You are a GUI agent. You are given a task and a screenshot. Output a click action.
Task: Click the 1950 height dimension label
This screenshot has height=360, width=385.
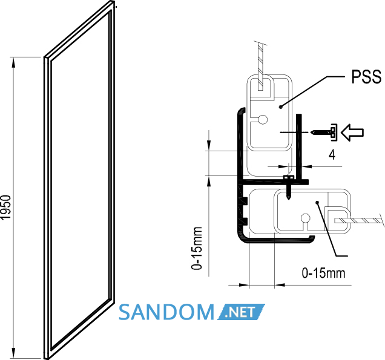[x=6, y=208]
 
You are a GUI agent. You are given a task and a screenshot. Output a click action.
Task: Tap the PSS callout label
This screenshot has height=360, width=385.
[x=366, y=77]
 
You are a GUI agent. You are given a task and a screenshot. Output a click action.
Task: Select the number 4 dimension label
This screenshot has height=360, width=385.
[x=332, y=155]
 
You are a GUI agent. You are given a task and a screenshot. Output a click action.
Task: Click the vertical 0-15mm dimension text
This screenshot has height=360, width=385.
[x=197, y=248]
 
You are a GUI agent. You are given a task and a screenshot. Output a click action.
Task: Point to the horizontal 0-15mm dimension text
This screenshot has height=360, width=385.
[x=323, y=273]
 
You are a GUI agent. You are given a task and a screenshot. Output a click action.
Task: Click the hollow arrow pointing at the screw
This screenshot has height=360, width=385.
[x=352, y=133]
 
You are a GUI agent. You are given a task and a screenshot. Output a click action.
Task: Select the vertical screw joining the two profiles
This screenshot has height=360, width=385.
[x=289, y=187]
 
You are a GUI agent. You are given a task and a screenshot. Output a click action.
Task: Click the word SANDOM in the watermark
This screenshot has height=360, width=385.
[x=166, y=312]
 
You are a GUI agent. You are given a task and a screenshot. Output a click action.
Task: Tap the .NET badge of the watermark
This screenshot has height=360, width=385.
[x=241, y=312]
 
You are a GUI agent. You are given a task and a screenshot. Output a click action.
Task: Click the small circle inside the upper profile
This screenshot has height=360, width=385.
[x=263, y=120]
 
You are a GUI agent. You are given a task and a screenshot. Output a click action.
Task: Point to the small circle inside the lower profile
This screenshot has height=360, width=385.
[x=306, y=218]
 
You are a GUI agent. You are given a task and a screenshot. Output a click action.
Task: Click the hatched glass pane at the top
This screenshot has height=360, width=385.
[x=261, y=67]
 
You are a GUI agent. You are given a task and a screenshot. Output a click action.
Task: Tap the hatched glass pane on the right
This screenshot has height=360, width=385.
[x=357, y=220]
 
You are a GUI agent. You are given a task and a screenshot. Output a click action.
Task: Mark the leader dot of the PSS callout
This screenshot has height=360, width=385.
[x=281, y=106]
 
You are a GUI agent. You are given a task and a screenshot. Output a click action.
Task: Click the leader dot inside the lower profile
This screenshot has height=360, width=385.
[x=317, y=202]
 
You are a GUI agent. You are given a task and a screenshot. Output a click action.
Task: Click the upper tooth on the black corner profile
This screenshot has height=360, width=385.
[x=245, y=200]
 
